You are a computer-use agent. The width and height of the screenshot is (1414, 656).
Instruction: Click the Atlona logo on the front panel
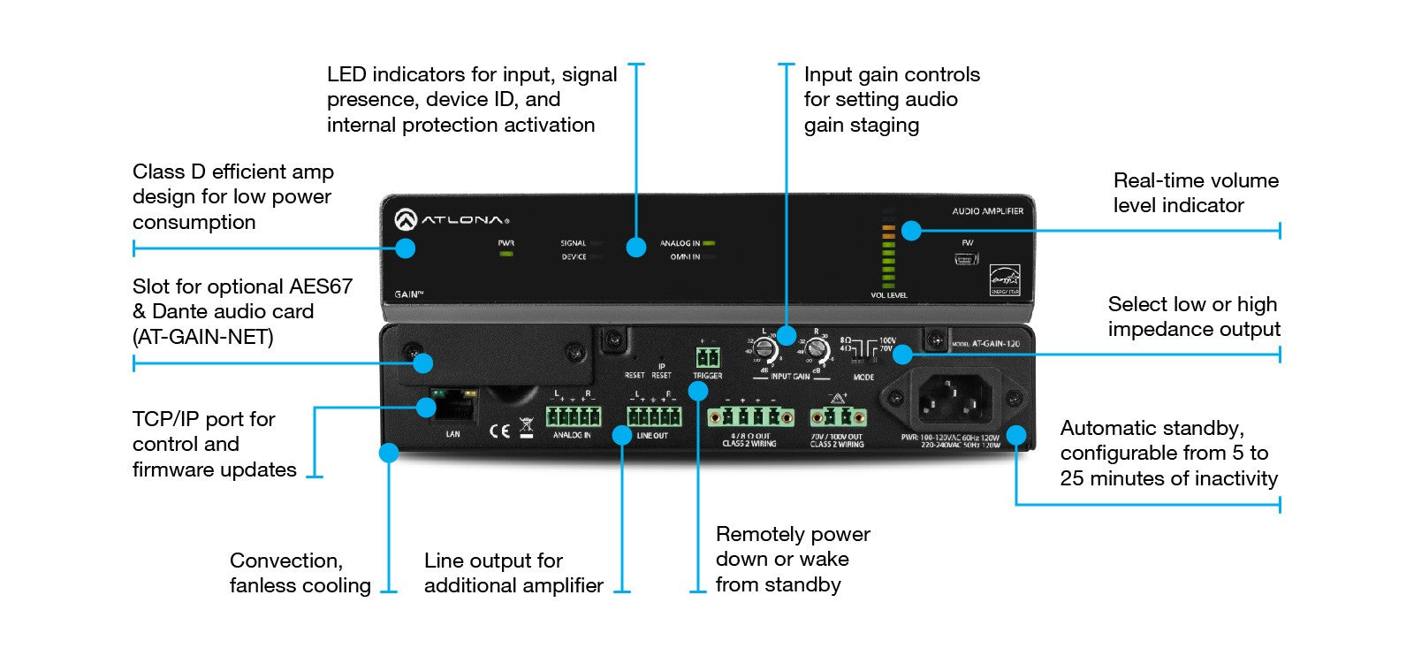click(452, 219)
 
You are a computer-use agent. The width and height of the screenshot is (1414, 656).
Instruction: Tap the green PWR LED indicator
click(506, 255)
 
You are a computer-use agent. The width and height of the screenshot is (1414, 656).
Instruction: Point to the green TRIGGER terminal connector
click(707, 357)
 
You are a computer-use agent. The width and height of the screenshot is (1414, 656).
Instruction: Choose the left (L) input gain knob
click(766, 352)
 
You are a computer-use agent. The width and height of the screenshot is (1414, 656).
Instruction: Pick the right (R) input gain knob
click(818, 352)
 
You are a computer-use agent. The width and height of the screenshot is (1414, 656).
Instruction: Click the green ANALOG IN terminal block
click(573, 416)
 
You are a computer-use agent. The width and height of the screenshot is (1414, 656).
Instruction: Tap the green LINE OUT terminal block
click(654, 416)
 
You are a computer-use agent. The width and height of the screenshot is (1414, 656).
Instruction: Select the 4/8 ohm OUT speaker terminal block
click(750, 417)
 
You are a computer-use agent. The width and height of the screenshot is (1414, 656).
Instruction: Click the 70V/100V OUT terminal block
click(837, 417)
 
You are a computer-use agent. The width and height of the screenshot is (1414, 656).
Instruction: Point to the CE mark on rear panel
click(499, 431)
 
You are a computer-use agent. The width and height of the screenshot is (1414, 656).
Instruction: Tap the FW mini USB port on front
click(966, 259)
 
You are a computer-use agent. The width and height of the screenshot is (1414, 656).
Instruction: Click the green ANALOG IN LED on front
click(709, 242)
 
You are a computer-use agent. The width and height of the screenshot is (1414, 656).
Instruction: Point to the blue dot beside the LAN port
click(426, 407)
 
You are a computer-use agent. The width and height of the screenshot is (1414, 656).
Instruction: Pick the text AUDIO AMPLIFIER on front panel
click(987, 211)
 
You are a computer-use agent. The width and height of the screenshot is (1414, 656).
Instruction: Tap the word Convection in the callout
click(285, 561)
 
